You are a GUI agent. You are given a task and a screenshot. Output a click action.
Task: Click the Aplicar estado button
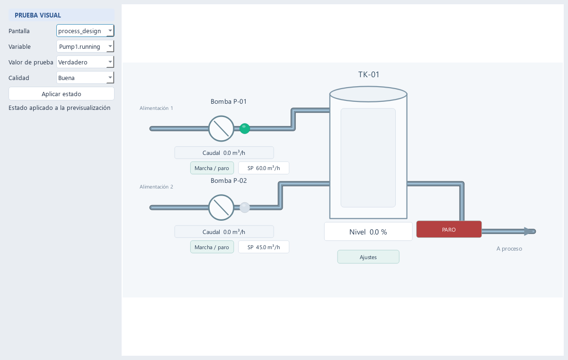[x=62, y=94]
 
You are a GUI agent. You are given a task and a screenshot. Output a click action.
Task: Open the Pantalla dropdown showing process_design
[x=85, y=31]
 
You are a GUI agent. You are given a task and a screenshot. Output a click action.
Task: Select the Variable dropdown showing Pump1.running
[x=85, y=46]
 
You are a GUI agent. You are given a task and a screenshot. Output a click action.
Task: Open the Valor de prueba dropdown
[x=85, y=62]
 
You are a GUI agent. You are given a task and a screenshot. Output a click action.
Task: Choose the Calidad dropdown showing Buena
[x=85, y=78]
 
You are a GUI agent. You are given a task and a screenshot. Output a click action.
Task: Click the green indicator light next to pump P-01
[x=245, y=128]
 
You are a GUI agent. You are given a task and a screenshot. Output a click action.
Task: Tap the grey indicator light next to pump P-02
[x=245, y=207]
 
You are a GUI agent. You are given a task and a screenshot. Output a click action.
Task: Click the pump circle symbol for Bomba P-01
[x=221, y=128]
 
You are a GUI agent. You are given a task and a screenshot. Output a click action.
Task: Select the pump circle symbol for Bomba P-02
[x=221, y=207]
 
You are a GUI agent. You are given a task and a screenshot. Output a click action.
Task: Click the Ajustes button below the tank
[x=368, y=257]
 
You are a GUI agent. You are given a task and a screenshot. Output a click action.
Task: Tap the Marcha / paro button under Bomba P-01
[x=212, y=168]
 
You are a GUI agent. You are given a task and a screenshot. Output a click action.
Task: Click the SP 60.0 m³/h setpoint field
[x=264, y=168]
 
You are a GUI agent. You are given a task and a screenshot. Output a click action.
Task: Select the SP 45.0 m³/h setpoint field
[x=264, y=247]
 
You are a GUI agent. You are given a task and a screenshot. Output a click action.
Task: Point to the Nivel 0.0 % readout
[x=368, y=232]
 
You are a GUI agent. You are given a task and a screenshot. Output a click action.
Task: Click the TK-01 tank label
[x=369, y=74]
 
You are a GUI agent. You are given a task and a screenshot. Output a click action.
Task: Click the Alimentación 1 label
[x=156, y=108]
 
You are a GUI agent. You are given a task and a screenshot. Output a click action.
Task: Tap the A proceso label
[x=509, y=249]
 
